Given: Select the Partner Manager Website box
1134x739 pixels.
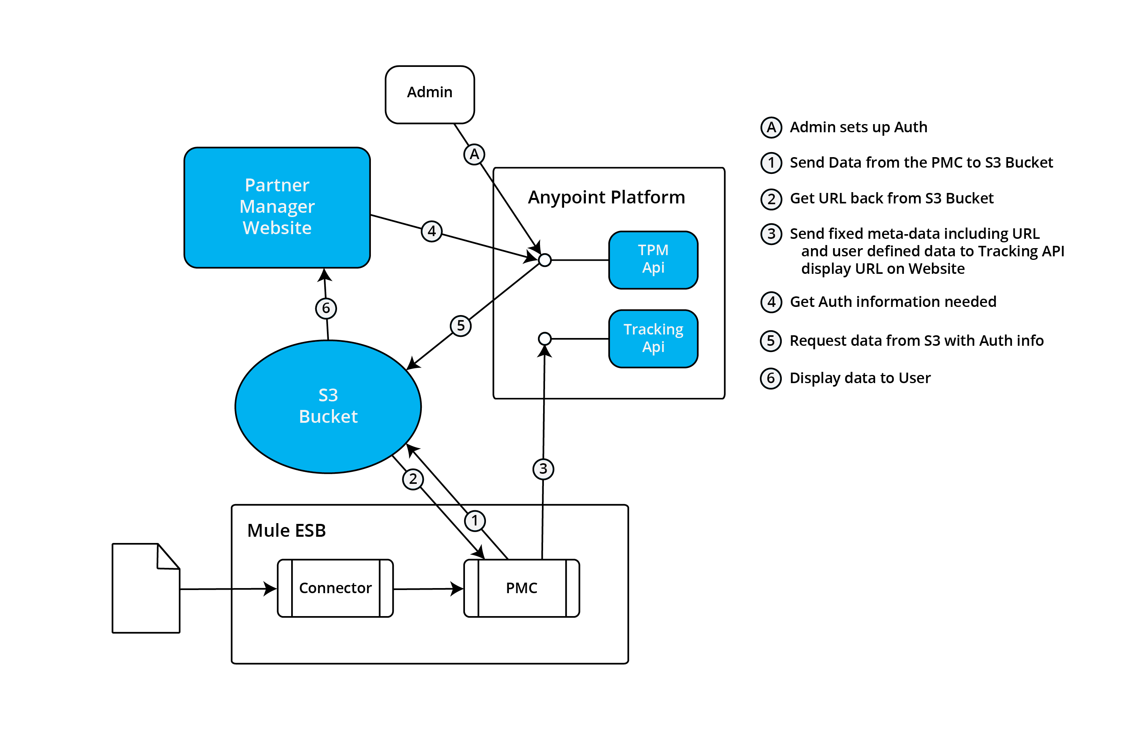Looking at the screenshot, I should click(277, 207).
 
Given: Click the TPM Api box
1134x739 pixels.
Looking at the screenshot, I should click(653, 260).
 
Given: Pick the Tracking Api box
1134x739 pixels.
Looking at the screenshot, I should click(653, 338).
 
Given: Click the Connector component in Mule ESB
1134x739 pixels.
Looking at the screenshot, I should click(335, 588).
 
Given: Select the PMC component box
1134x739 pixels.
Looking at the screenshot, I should click(521, 588).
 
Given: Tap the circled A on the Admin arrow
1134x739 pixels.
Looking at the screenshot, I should click(474, 154).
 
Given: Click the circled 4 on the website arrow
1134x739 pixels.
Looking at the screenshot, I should click(432, 231).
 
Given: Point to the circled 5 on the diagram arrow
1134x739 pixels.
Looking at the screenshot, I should click(460, 326).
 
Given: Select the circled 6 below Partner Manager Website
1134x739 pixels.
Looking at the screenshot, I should click(326, 308).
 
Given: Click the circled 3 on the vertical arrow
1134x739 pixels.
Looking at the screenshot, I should click(543, 469).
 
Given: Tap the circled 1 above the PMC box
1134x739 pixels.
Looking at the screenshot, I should click(475, 520).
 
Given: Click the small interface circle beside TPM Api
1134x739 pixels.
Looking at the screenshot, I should click(545, 260).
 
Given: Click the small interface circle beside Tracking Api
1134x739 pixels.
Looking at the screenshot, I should click(545, 338).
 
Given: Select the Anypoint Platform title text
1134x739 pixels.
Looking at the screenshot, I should click(606, 197).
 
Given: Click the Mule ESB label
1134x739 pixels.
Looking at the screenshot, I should click(287, 530).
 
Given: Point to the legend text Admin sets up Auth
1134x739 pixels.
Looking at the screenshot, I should click(858, 127).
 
